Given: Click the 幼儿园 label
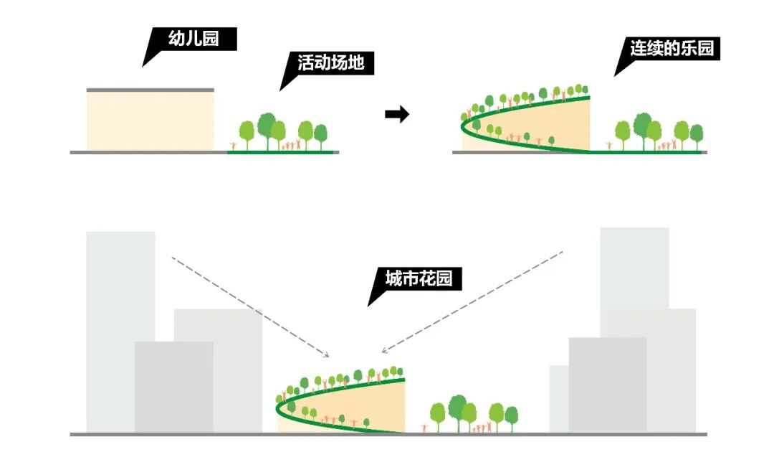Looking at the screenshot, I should [x=193, y=39].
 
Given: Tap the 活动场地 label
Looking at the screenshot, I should [x=331, y=63].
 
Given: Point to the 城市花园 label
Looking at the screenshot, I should [x=419, y=278].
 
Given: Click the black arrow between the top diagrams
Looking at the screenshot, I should [x=397, y=114].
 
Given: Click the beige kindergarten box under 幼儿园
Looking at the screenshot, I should [x=150, y=121].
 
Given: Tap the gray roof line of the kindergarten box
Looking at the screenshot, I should [x=150, y=90].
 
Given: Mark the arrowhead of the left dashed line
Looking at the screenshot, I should [x=327, y=354].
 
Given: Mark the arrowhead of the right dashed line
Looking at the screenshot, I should [x=384, y=351].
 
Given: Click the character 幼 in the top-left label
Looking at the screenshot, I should [x=176, y=39].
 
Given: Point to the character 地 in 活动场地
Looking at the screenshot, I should [x=355, y=63].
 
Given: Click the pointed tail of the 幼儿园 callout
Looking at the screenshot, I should [x=145, y=64].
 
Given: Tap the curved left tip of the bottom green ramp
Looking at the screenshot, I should [x=278, y=407].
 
